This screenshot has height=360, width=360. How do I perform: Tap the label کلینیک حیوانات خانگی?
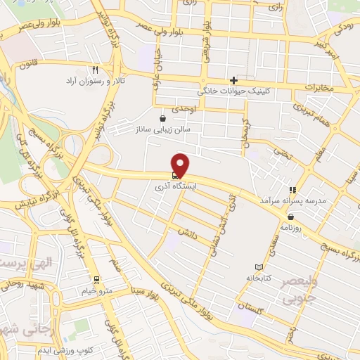pyautogui.click(x=234, y=91)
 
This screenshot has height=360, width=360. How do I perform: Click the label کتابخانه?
pyautogui.click(x=259, y=278)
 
